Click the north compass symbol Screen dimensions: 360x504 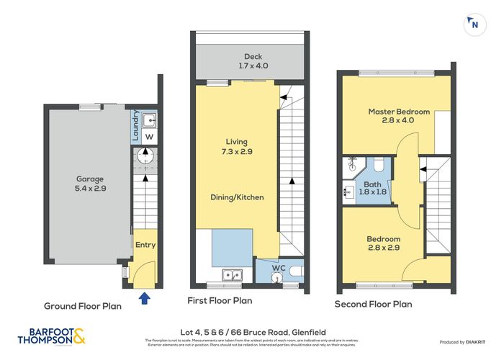pyautogui.click(x=474, y=24)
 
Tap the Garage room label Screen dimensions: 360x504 pyautogui.click(x=91, y=179)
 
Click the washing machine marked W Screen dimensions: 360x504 pyautogui.click(x=149, y=136)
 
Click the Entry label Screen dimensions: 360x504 pyautogui.click(x=145, y=245)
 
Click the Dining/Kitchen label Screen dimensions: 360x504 pyautogui.click(x=237, y=197)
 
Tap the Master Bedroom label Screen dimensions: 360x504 pyautogui.click(x=399, y=112)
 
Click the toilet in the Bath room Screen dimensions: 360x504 pyautogui.click(x=379, y=166)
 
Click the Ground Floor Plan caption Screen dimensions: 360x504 pyautogui.click(x=82, y=305)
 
